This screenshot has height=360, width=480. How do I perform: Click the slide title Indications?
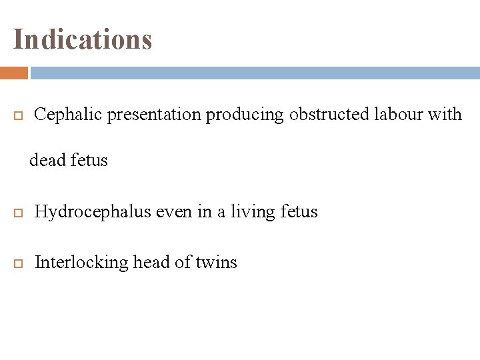click(83, 39)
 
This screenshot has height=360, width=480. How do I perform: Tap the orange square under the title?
click(13, 73)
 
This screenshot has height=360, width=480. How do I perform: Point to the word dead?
click(48, 161)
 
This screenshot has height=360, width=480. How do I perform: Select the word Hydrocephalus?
click(93, 212)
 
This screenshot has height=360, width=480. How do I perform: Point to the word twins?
click(216, 263)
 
